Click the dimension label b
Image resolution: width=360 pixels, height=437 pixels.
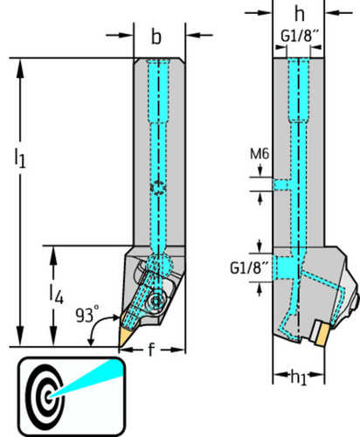pos(156,37)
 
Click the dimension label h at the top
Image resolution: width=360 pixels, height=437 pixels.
pos(299,13)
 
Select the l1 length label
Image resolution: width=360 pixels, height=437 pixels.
pos(20,157)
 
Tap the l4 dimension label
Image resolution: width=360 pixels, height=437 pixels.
pos(56,295)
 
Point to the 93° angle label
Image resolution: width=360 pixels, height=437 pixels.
pos(87,315)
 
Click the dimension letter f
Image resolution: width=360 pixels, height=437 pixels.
pos(150,350)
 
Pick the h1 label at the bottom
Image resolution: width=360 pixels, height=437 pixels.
pos(299,378)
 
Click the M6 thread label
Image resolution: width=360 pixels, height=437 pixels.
pos(260,154)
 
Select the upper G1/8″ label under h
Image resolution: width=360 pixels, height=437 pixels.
pos(298,36)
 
